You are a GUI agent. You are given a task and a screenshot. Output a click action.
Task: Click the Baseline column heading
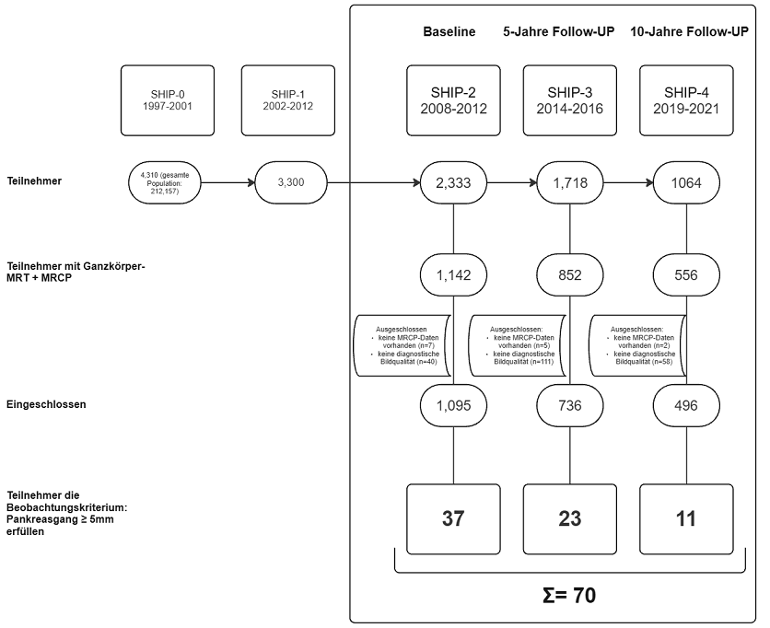449,31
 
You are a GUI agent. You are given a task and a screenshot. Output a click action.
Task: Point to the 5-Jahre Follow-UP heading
558,31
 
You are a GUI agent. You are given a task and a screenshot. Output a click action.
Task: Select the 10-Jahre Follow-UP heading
689,31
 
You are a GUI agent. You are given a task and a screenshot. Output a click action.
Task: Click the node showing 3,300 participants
290,182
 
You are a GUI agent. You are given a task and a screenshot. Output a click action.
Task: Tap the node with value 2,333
453,182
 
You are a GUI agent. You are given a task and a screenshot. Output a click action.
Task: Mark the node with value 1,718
570,182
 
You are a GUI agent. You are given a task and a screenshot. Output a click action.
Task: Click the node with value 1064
687,182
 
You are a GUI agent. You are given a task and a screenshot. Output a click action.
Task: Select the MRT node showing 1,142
453,274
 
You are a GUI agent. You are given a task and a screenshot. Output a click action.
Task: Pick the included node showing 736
570,405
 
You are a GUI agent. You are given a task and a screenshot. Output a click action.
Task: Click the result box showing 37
453,518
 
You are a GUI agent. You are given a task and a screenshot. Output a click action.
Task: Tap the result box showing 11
687,518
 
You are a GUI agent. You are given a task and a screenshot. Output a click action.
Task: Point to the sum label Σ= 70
569,596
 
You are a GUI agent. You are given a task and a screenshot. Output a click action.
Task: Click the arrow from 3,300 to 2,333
373,182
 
